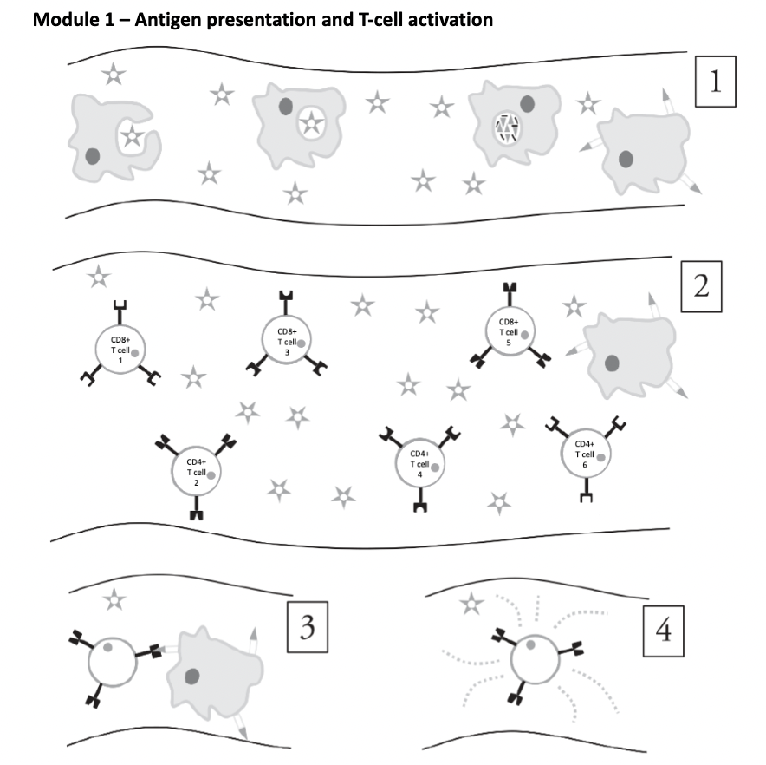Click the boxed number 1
point(716,82)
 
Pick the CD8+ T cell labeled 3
point(287,337)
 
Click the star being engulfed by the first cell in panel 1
point(131,135)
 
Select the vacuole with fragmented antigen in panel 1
point(504,129)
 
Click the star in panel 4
point(471,604)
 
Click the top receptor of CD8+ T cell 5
point(509,290)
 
